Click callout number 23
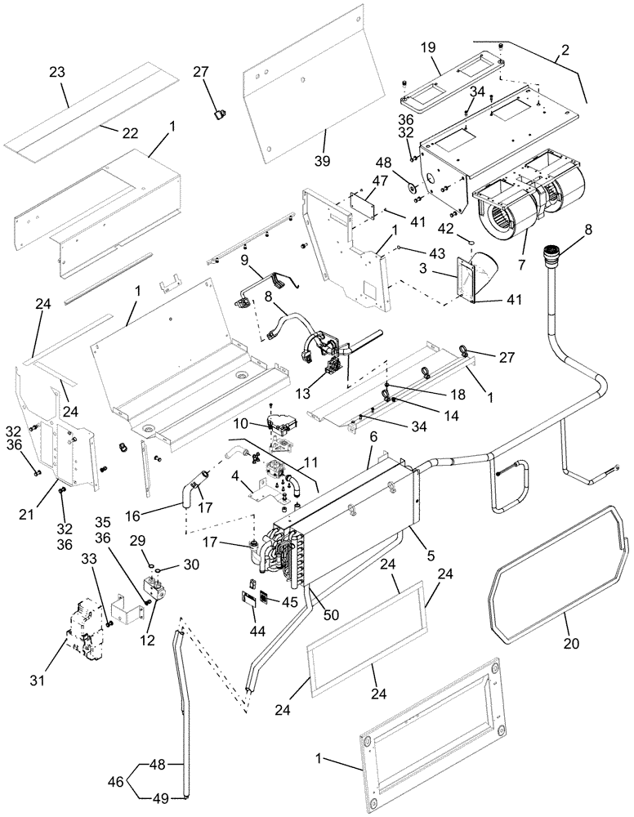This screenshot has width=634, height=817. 56,71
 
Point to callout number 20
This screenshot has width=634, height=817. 572,643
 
